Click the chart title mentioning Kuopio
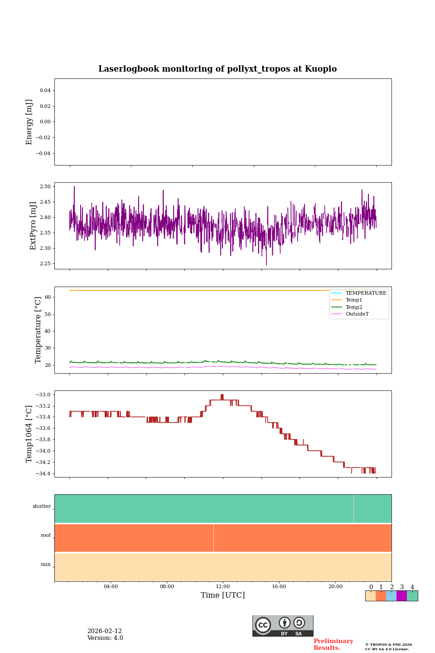(x=217, y=69)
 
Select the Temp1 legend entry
(x=354, y=300)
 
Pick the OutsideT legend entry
(x=357, y=314)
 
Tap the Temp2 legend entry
(x=354, y=307)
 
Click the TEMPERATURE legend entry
(x=366, y=293)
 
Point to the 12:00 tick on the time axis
(x=223, y=587)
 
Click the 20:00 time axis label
(x=335, y=587)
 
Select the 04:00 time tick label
(x=111, y=587)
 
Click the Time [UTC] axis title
(x=223, y=595)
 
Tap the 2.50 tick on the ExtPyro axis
(x=45, y=187)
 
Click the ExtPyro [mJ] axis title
(x=33, y=226)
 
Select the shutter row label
(x=42, y=507)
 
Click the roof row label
(x=46, y=536)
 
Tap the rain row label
(x=46, y=565)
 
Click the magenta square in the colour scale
(x=401, y=596)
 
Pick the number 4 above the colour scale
(x=412, y=587)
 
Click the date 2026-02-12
(x=105, y=631)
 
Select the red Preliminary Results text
(x=333, y=644)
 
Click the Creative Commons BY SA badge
(x=283, y=626)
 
